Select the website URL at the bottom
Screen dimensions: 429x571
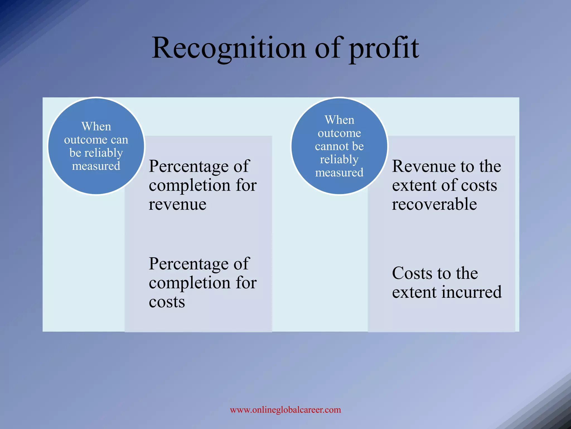pyautogui.click(x=285, y=410)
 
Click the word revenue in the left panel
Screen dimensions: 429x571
pyautogui.click(x=178, y=204)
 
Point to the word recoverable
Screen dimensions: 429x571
pyautogui.click(x=434, y=204)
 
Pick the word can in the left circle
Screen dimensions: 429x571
pyautogui.click(x=120, y=140)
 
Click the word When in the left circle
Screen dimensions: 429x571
pyautogui.click(x=96, y=127)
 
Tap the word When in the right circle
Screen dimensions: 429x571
pyautogui.click(x=339, y=120)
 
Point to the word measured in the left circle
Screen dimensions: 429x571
pyautogui.click(x=96, y=166)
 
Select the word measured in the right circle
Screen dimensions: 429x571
pyautogui.click(x=339, y=173)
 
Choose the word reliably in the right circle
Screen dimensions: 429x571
pyautogui.click(x=339, y=159)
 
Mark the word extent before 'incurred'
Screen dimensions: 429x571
pyautogui.click(x=414, y=292)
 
